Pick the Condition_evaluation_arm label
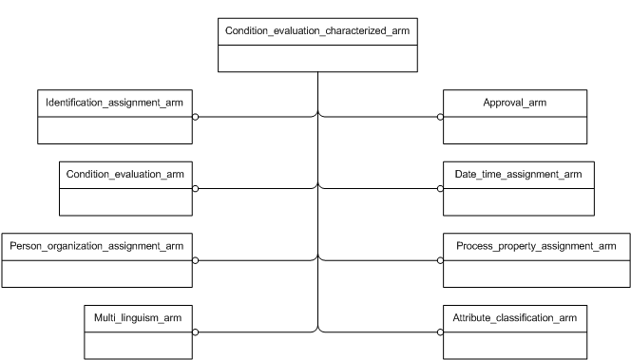[x=126, y=174]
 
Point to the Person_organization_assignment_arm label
[x=97, y=246]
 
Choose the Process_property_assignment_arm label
[x=537, y=246]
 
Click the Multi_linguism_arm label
[x=138, y=317]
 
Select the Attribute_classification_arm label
[x=514, y=317]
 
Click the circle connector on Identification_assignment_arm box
[x=196, y=118]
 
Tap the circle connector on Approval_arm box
[x=440, y=118]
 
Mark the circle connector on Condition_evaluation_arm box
[x=196, y=189]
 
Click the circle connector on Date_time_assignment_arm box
[x=440, y=189]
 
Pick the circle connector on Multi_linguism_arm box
[x=196, y=332]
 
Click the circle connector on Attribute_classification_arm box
[x=440, y=332]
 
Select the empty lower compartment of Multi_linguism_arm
[x=138, y=344]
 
